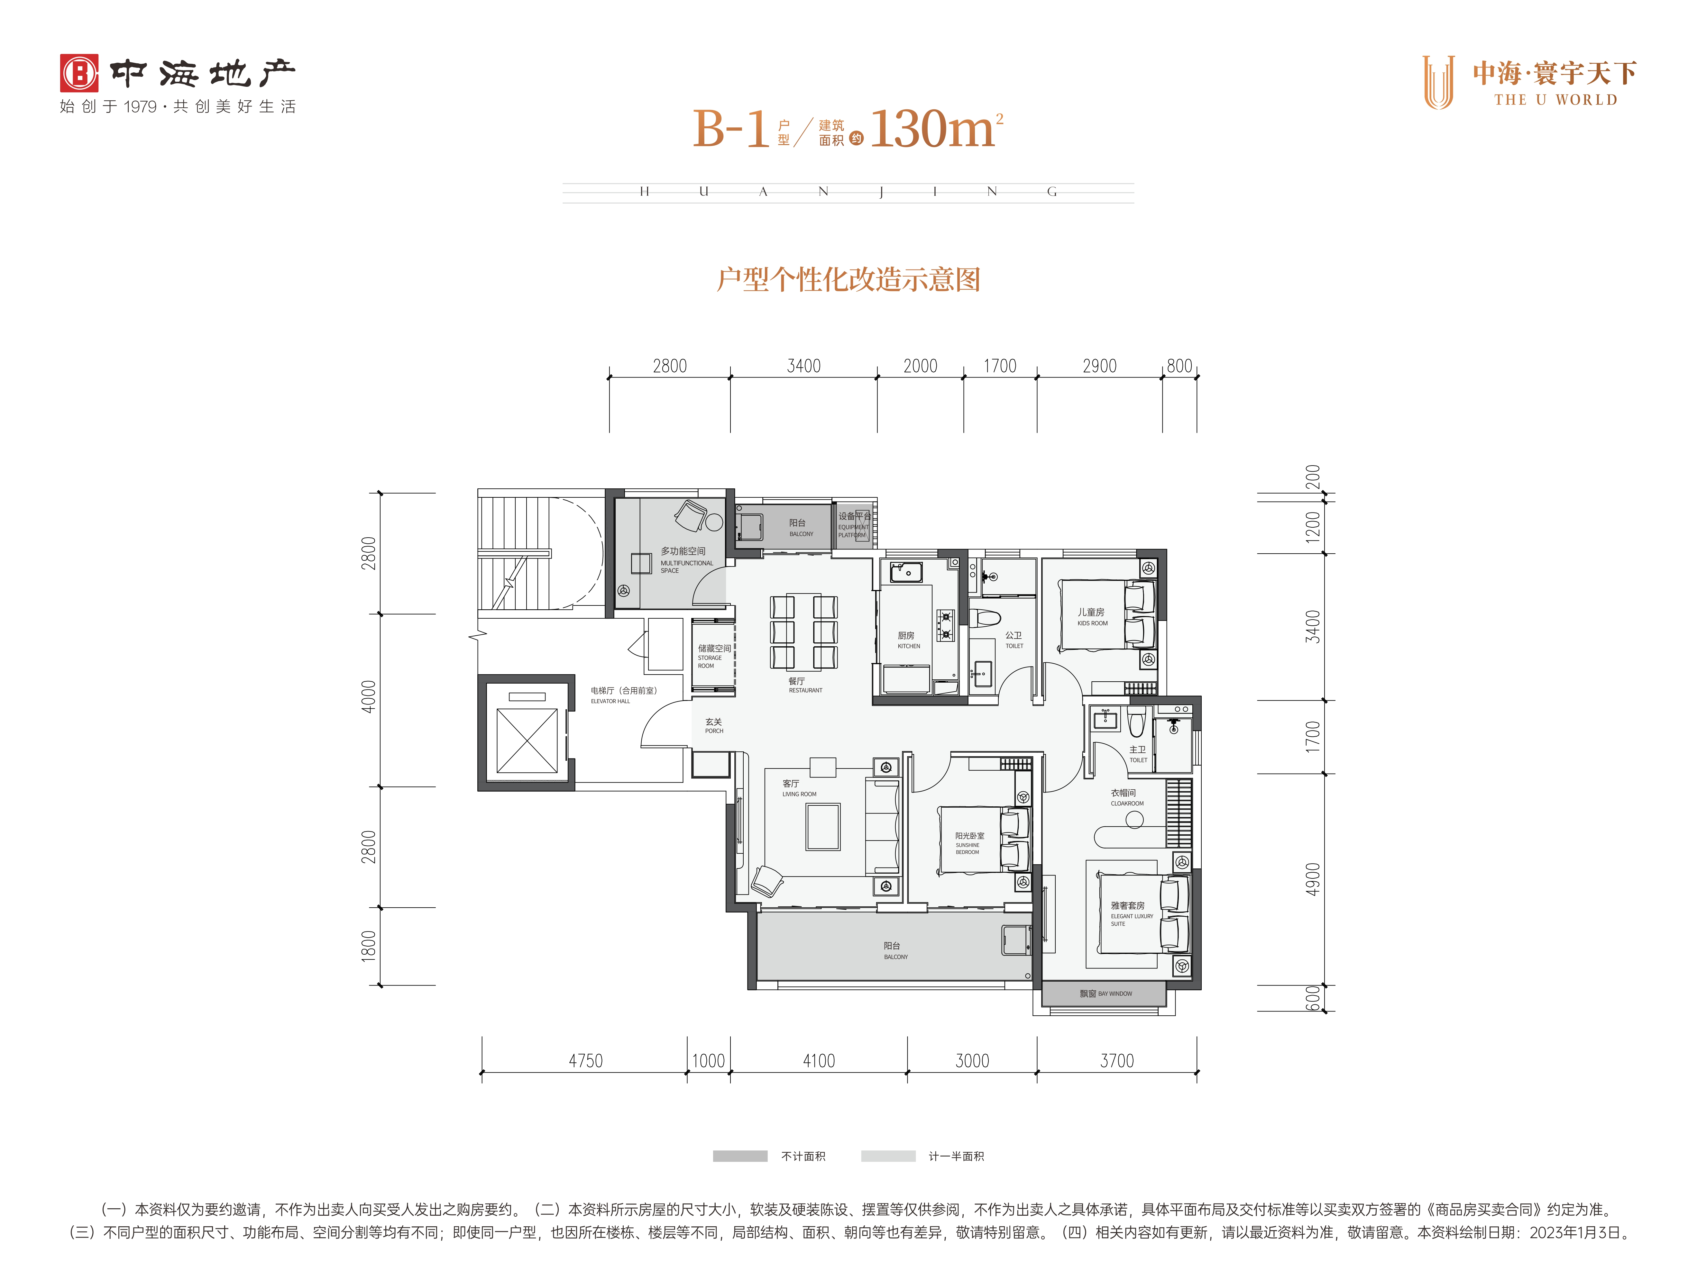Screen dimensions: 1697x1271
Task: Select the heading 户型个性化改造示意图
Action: pyautogui.click(x=848, y=279)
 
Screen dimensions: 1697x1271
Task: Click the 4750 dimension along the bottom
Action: pyautogui.click(x=585, y=1061)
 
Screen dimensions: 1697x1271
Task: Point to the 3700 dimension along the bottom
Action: pyautogui.click(x=1117, y=1061)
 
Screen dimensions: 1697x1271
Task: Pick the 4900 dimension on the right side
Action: pyautogui.click(x=1313, y=879)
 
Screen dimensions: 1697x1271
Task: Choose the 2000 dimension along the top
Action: pyautogui.click(x=921, y=366)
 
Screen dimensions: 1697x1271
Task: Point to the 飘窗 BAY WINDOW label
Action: pyautogui.click(x=1105, y=993)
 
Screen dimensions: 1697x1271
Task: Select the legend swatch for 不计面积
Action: pyautogui.click(x=739, y=1156)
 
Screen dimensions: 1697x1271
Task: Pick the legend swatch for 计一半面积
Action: pyautogui.click(x=888, y=1156)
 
